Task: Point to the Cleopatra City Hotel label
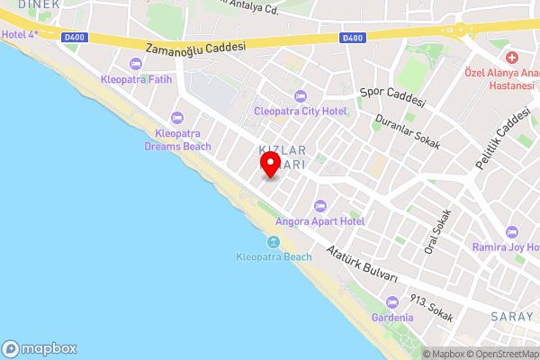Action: pos(300,111)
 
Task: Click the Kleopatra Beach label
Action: pos(274,257)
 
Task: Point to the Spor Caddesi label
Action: pos(391,95)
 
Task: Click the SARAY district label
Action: pos(512,316)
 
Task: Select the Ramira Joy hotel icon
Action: pos(511,232)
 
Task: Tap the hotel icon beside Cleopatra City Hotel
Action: pos(300,96)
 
